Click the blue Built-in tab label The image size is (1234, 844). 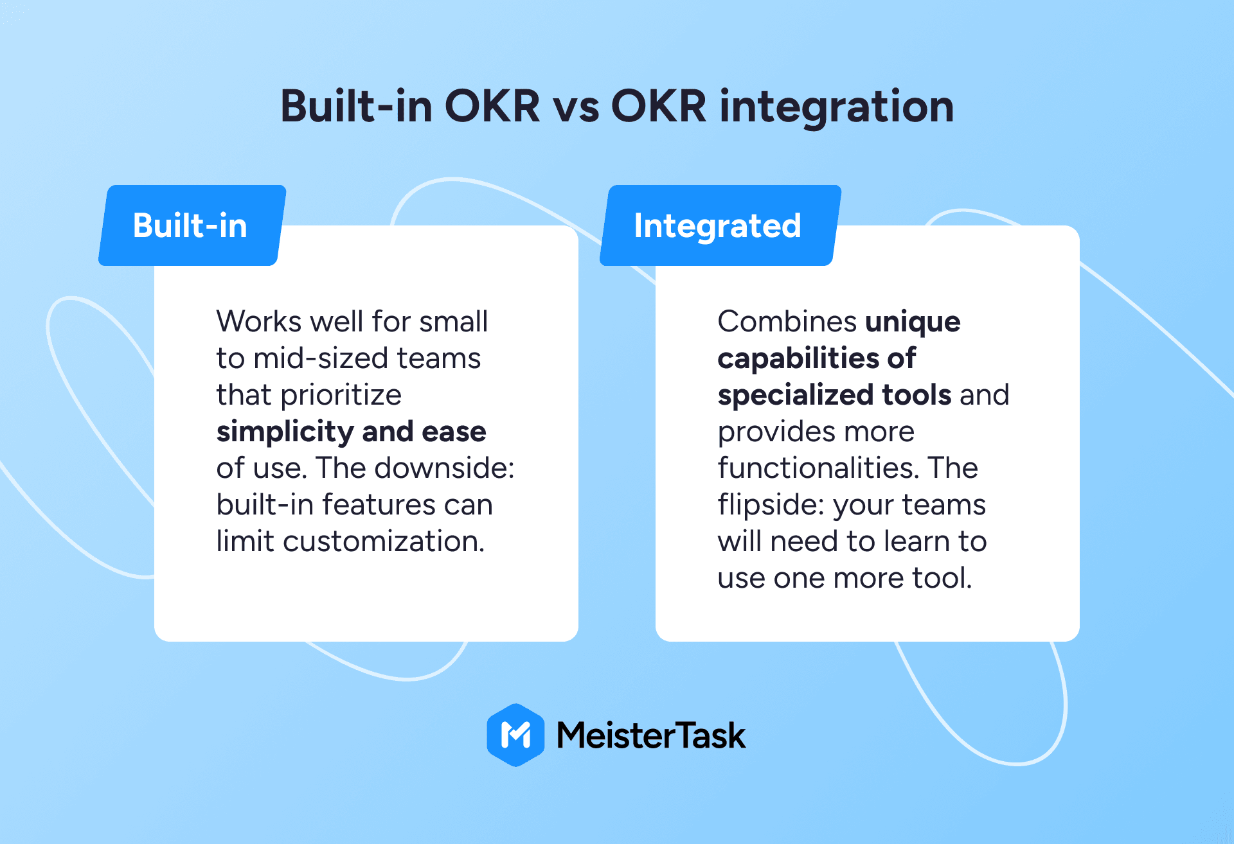tap(192, 225)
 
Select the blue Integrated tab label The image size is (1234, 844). tap(720, 225)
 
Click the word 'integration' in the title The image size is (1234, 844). tap(836, 107)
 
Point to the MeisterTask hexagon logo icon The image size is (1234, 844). tap(515, 735)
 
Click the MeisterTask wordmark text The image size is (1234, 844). tap(651, 735)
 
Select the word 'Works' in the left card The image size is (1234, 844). tap(258, 321)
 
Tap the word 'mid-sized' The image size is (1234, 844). tap(321, 358)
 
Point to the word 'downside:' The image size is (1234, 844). tap(444, 468)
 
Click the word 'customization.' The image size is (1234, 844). tap(384, 541)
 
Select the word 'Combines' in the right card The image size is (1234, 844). tap(787, 321)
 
